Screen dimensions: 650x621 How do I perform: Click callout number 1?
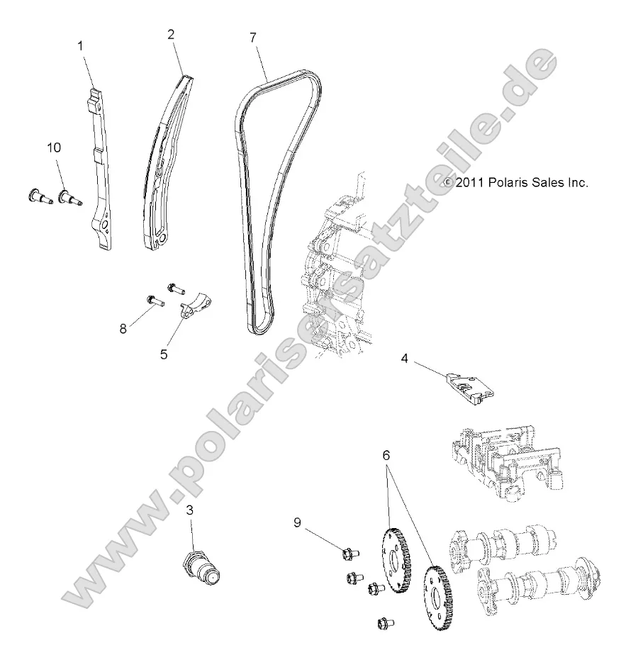80,45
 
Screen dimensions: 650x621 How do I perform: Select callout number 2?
170,33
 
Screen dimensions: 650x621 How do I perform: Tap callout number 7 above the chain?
252,37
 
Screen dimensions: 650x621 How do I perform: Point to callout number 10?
54,147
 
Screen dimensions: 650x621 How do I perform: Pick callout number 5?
164,352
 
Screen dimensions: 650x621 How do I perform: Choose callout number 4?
404,359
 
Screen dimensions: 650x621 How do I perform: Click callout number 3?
190,509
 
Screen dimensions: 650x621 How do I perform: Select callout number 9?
298,522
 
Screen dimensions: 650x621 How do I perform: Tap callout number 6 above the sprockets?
386,456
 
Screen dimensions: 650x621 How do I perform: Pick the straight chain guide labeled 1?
99,170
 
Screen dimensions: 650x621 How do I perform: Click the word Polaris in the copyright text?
507,182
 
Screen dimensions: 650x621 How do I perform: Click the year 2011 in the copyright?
470,182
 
